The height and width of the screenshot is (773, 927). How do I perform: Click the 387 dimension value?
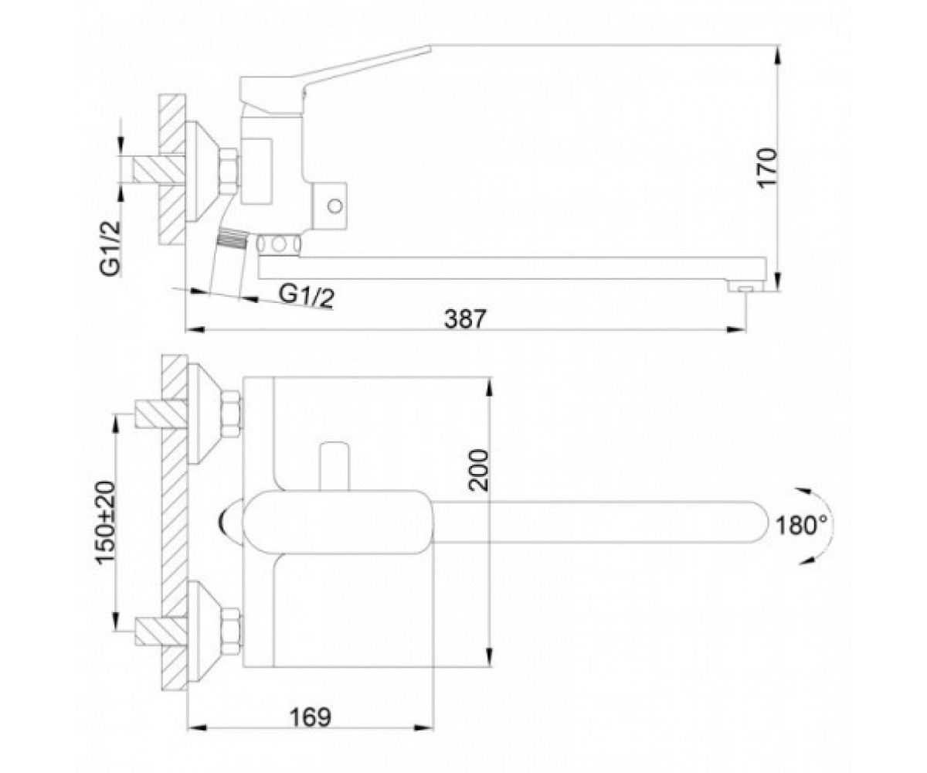465,318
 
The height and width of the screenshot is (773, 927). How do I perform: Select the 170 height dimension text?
769,168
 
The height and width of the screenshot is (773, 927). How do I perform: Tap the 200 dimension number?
479,470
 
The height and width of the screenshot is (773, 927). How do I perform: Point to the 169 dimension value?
311,717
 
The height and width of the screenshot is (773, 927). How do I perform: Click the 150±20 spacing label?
107,523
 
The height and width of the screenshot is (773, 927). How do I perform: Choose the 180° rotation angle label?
801,526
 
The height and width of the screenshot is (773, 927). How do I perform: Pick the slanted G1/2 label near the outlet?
307,296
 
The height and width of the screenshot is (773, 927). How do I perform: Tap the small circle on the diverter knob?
334,206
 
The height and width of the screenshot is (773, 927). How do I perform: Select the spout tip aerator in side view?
745,288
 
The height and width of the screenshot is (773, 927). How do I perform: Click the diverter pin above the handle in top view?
334,466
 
